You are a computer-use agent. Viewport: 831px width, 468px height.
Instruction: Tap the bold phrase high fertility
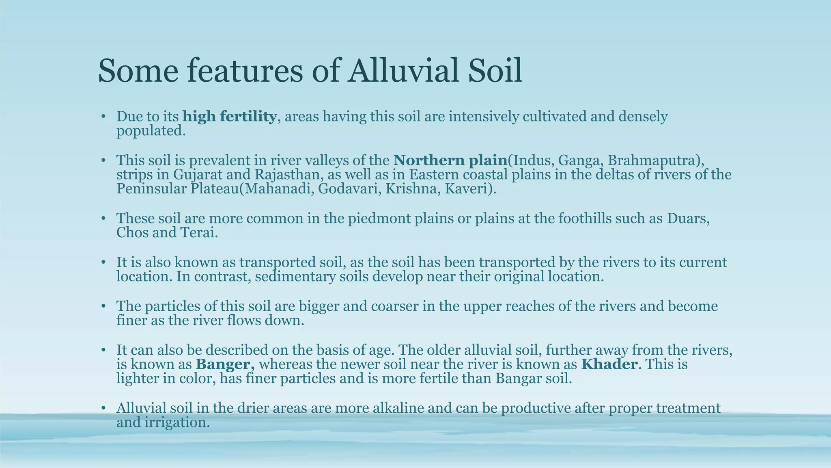coord(230,117)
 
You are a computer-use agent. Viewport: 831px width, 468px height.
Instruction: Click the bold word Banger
coord(225,364)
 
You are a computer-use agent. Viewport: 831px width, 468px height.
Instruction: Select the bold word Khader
coord(609,364)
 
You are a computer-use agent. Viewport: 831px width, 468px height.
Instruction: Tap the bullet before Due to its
coord(103,117)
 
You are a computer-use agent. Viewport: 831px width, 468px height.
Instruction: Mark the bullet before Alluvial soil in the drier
coord(103,408)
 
